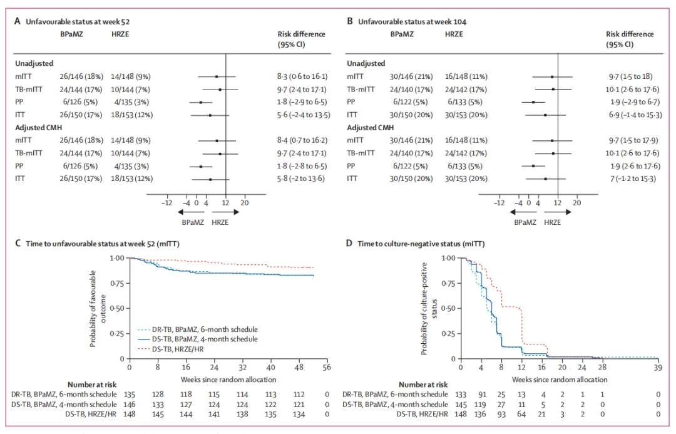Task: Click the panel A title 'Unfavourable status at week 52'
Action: [x=78, y=21]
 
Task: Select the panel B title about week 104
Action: [x=412, y=21]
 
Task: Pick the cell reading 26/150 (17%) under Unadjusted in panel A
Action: [x=48, y=115]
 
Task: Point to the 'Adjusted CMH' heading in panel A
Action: [x=39, y=128]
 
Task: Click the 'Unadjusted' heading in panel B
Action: [x=366, y=63]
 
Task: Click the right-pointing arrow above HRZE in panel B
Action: [x=557, y=212]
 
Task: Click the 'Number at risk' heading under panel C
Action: [x=91, y=384]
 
